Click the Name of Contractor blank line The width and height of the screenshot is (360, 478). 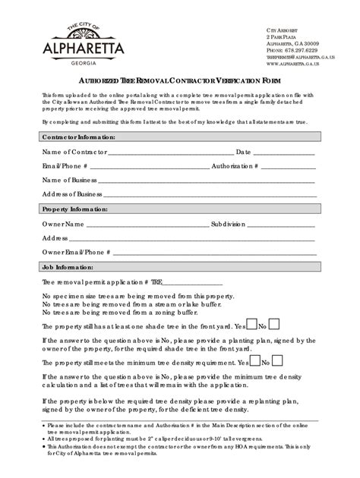[171, 153]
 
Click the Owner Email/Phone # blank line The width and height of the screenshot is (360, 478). [215, 252]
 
